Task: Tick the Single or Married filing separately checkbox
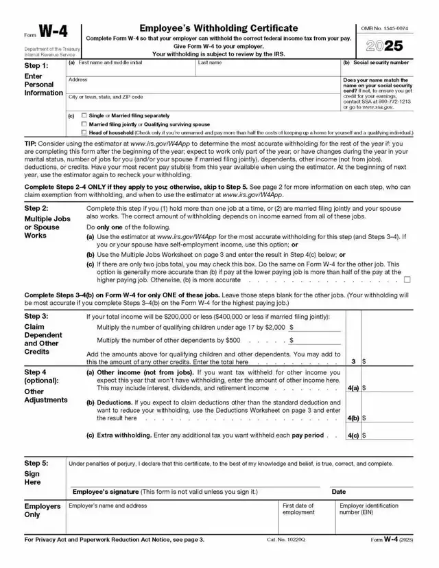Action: (x=84, y=115)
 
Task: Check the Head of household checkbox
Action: (x=84, y=132)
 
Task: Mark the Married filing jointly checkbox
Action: (x=84, y=124)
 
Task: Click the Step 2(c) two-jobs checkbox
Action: (x=407, y=280)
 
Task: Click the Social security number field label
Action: (x=377, y=63)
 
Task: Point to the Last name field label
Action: (x=209, y=63)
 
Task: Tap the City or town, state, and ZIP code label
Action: (x=106, y=97)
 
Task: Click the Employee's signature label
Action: (x=165, y=492)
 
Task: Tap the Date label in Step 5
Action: (x=339, y=492)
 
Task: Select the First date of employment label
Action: (x=299, y=509)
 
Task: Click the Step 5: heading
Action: (x=36, y=464)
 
